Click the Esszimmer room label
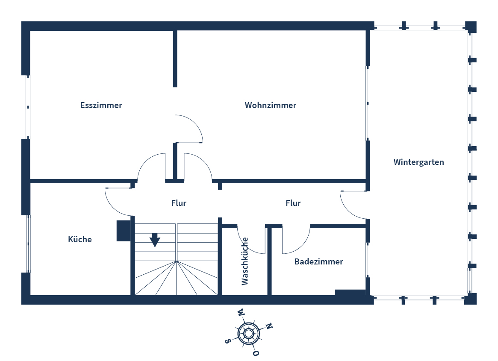click(x=101, y=105)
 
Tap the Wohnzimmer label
click(x=271, y=105)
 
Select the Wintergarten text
click(x=418, y=162)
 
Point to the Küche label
click(x=80, y=239)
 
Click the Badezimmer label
click(x=318, y=261)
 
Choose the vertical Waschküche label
click(x=245, y=261)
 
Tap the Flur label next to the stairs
click(x=179, y=203)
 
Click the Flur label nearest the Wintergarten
click(x=293, y=203)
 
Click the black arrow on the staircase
click(x=155, y=240)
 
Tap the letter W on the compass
click(x=241, y=312)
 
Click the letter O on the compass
click(x=256, y=353)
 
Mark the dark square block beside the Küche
click(x=124, y=231)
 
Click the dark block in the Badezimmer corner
click(x=350, y=293)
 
